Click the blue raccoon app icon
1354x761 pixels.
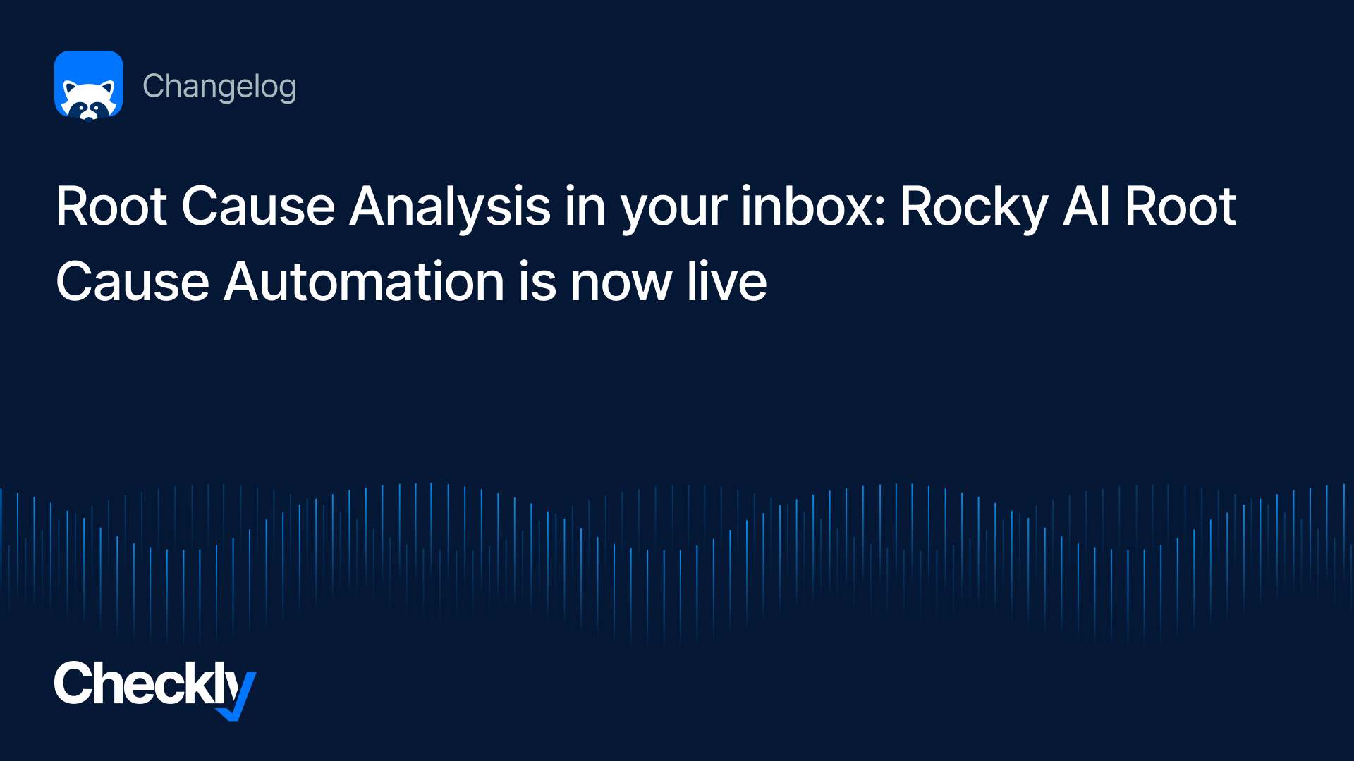click(x=89, y=85)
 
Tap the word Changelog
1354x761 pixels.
click(x=219, y=87)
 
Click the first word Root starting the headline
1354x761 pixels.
click(x=111, y=206)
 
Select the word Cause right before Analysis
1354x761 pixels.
click(x=258, y=206)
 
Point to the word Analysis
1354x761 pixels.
click(x=450, y=209)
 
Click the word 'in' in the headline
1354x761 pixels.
click(x=585, y=206)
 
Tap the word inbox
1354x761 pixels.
click(x=806, y=206)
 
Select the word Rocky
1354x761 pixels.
click(x=974, y=209)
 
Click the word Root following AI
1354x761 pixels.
click(x=1181, y=206)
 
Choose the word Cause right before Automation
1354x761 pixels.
click(x=133, y=282)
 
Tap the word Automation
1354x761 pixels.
click(x=364, y=282)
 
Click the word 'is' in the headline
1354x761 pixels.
click(x=537, y=282)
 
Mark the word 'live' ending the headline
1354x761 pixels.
click(x=727, y=282)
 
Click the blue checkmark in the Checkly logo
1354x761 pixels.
click(x=238, y=698)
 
